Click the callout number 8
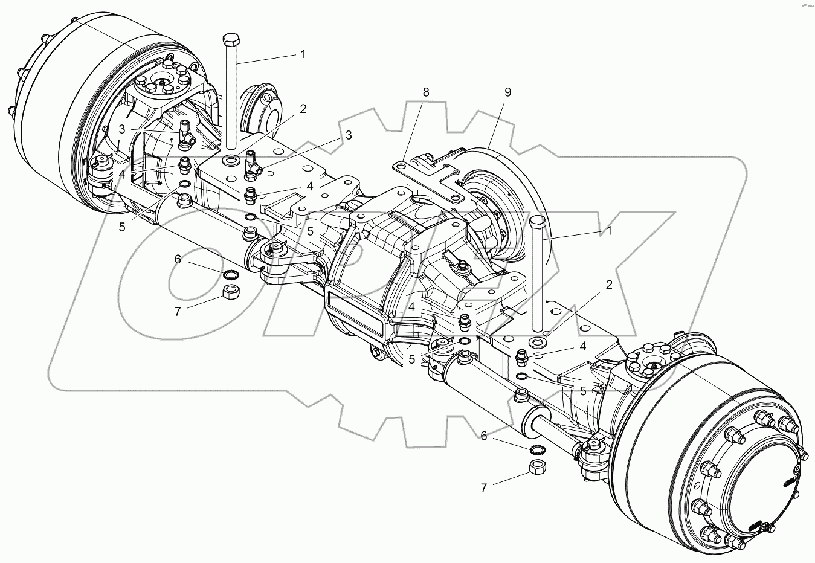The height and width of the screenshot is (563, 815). coord(427,92)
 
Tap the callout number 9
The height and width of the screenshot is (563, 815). coord(507,92)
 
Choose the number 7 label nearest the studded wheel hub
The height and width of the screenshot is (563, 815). coord(484,488)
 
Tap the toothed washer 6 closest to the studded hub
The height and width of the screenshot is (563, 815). coord(536,449)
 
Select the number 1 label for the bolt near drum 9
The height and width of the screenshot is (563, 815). coord(610,230)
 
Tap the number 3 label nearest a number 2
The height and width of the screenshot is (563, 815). coord(348,135)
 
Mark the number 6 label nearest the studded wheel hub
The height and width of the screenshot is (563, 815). coord(484,435)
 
